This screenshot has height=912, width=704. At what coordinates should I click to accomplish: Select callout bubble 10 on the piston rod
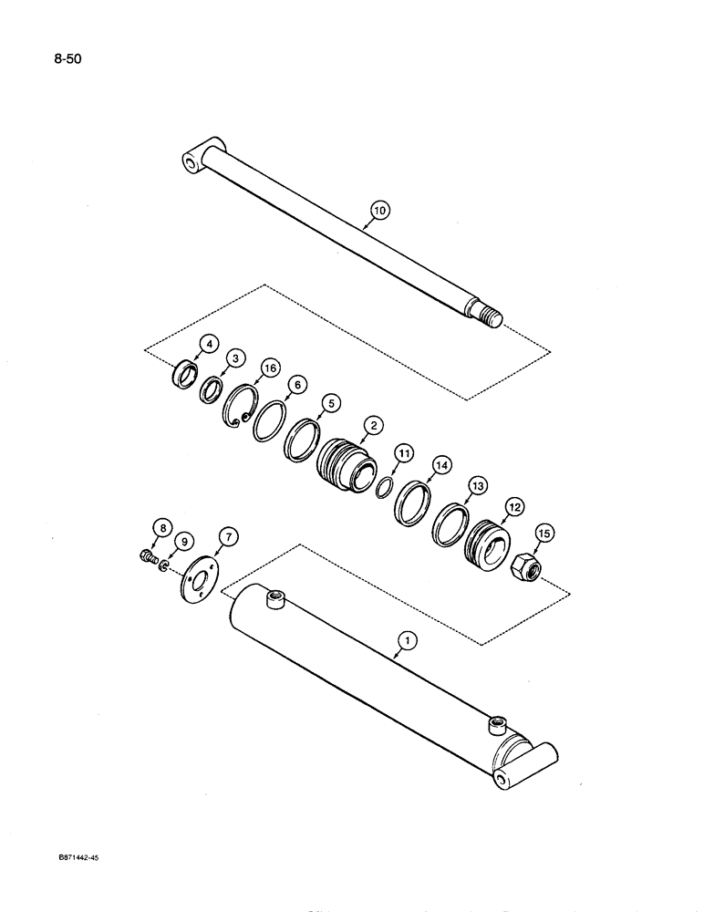[378, 211]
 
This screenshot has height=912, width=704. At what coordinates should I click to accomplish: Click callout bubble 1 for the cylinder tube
[409, 641]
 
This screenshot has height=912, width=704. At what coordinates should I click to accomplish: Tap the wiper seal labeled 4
[186, 375]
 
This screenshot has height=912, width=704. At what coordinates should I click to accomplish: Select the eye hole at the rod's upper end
[190, 162]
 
